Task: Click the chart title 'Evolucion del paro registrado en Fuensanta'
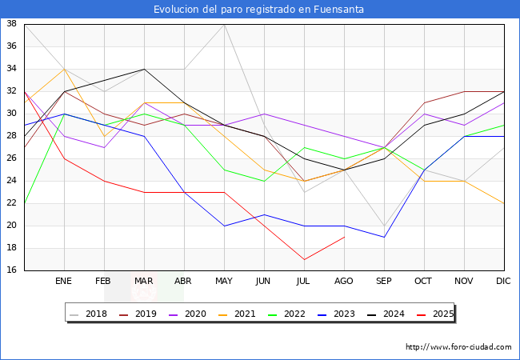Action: [x=259, y=10]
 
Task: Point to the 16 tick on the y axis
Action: [x=12, y=270]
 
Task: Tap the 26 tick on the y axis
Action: [x=12, y=158]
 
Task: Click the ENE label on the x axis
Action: [x=64, y=282]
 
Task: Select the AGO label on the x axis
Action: [x=344, y=282]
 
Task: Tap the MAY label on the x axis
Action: [x=224, y=282]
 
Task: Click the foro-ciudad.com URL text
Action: [x=458, y=347]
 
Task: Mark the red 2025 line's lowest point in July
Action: [x=304, y=259]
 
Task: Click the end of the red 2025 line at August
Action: [x=344, y=237]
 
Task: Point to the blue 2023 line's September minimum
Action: [x=384, y=237]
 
